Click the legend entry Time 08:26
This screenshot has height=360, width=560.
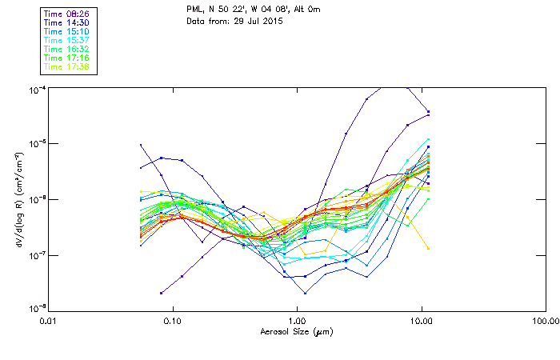click(x=66, y=14)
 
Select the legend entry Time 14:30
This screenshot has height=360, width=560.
click(x=66, y=22)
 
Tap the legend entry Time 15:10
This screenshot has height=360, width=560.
click(x=66, y=31)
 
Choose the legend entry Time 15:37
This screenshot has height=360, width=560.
click(x=66, y=40)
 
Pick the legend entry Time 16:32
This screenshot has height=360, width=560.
click(x=66, y=49)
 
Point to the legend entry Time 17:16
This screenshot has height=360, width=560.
click(x=66, y=58)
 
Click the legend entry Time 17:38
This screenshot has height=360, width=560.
click(x=66, y=66)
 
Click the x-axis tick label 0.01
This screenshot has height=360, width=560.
click(x=48, y=320)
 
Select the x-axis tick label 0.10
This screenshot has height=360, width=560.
click(x=172, y=320)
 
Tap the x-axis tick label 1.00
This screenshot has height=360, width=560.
click(x=297, y=320)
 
